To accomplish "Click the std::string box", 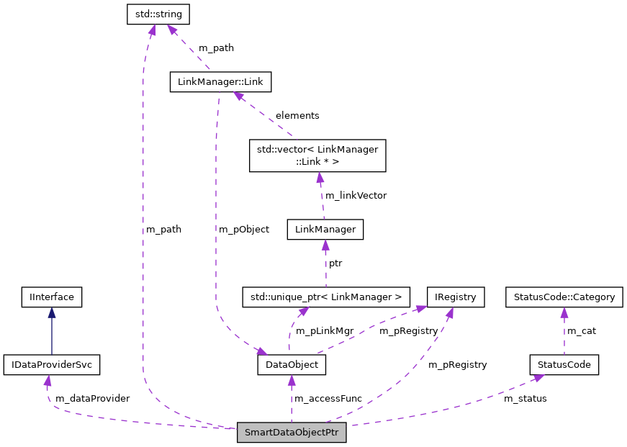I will (x=159, y=13).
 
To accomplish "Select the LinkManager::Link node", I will (x=220, y=82).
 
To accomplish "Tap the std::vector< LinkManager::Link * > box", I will (x=317, y=155).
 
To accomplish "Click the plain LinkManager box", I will (x=325, y=230).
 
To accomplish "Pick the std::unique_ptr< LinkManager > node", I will (x=325, y=296).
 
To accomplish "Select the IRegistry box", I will (x=456, y=296).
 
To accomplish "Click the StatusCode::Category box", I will (x=564, y=296).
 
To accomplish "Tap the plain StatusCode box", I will (x=564, y=365).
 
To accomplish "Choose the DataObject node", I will (x=292, y=365).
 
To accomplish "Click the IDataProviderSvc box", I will (x=51, y=365).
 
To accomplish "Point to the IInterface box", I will (x=51, y=296).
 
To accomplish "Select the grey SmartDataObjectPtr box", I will (x=292, y=433).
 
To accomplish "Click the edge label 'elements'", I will (x=297, y=115).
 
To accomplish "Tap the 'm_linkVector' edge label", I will (x=356, y=195).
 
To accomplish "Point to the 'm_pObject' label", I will (x=245, y=229).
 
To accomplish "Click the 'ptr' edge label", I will (x=335, y=263).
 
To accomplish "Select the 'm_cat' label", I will (x=582, y=330).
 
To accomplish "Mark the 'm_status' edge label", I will (x=525, y=398).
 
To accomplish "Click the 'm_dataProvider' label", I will (x=92, y=398).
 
